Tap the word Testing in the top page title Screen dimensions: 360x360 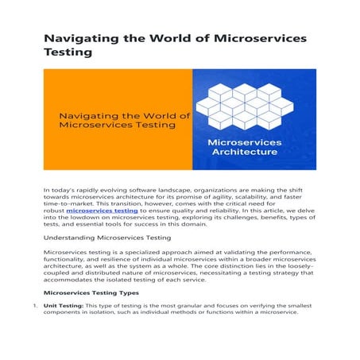point(68,54)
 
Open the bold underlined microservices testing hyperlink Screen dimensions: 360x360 point(102,211)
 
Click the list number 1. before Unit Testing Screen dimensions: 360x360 point(35,304)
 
